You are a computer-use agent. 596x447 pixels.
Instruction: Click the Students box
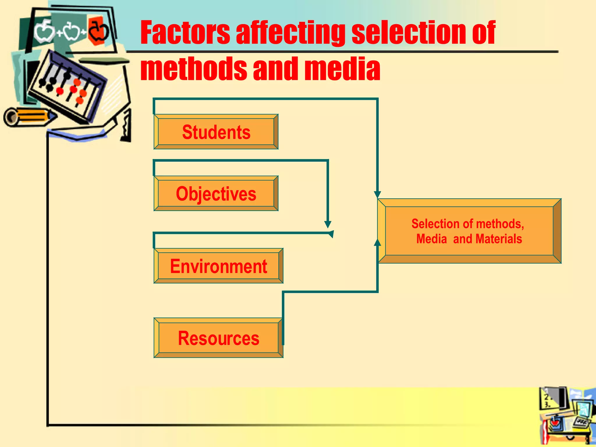[216, 132]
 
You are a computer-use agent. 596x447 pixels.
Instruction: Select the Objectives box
[216, 194]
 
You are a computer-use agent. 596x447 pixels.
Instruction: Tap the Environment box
[218, 266]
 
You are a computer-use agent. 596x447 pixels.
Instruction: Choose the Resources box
[218, 338]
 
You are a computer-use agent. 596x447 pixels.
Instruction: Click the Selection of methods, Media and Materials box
[469, 231]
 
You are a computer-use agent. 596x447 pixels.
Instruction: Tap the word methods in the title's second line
[193, 69]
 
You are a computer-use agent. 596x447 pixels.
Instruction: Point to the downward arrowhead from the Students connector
[377, 194]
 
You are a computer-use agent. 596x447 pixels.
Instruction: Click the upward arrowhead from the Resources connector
[377, 242]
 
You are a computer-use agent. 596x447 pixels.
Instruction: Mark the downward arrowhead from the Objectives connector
[328, 224]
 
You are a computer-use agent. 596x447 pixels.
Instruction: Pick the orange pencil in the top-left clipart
[29, 117]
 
